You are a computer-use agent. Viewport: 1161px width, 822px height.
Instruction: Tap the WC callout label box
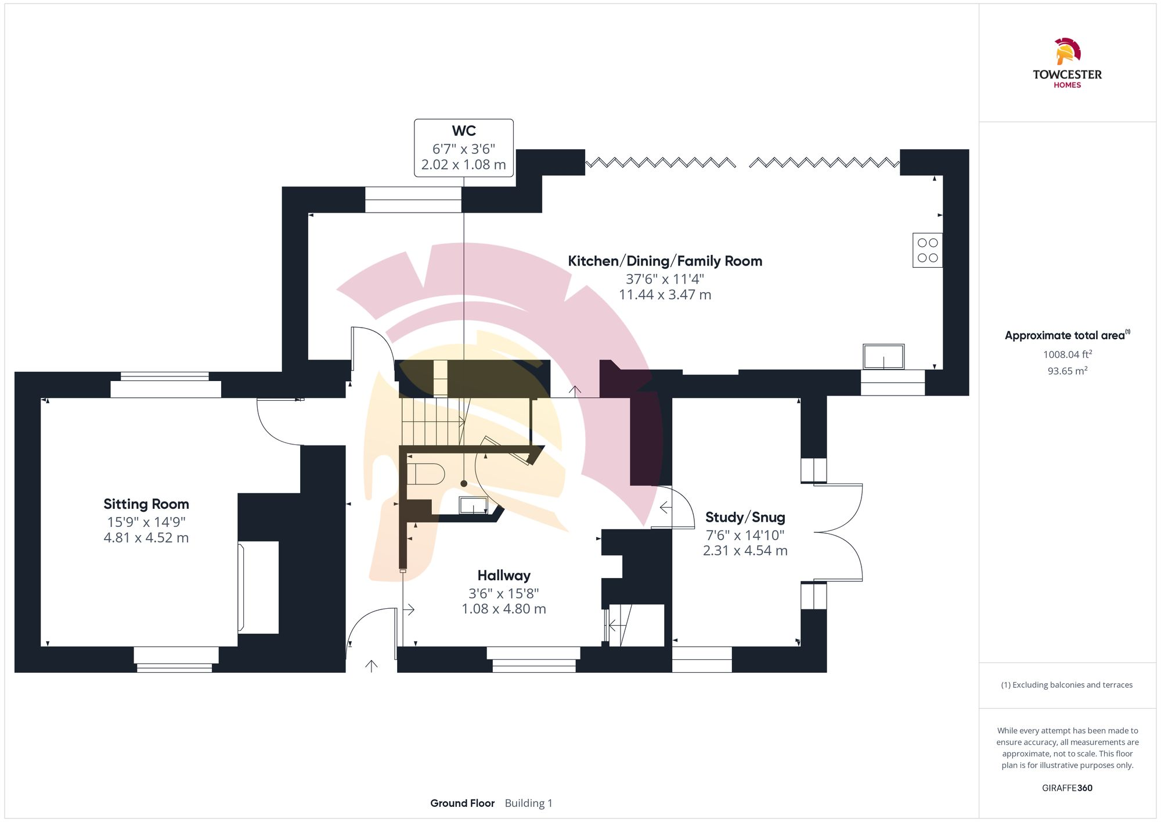pos(463,148)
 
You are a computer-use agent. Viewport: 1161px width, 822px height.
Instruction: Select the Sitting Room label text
pos(146,504)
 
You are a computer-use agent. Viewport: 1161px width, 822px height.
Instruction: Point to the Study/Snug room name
pos(745,517)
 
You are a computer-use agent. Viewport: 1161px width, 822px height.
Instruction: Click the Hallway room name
pos(504,576)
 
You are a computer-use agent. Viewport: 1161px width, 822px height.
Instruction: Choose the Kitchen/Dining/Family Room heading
pos(665,261)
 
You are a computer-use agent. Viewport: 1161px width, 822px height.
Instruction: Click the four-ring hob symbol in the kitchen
pos(927,250)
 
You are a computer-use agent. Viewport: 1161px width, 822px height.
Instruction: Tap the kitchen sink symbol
pos(883,357)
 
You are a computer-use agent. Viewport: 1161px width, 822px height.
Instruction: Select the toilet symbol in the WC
pos(426,474)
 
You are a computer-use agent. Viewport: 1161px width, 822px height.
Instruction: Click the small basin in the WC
pos(474,505)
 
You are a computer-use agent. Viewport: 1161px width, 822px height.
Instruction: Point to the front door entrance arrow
pos(372,666)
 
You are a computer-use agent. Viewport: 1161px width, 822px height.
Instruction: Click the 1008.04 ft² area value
pos(1067,354)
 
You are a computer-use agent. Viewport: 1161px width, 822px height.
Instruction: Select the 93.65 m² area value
pos(1067,371)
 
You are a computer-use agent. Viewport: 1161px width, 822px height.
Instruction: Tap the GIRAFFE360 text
pos(1067,788)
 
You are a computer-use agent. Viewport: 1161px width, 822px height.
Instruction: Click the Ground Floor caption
pos(462,803)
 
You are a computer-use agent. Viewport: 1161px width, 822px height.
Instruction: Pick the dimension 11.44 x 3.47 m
pos(665,295)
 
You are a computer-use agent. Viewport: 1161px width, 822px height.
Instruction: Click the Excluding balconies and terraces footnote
pos(1066,685)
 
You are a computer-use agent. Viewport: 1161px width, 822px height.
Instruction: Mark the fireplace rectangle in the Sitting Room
pos(258,587)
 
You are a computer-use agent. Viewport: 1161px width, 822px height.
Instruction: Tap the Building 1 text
pos(528,803)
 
